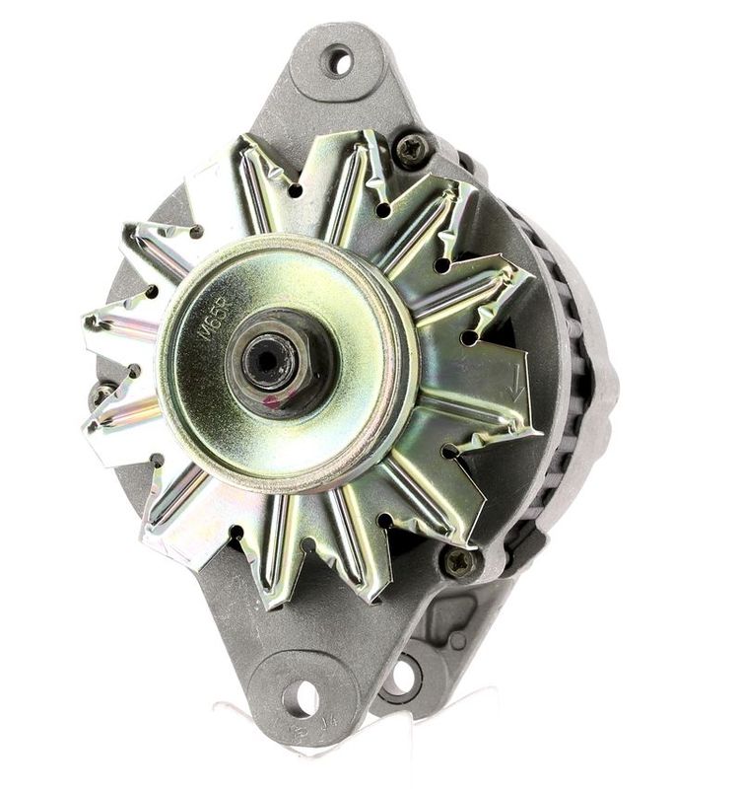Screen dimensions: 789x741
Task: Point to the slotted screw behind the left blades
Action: point(101,394)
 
